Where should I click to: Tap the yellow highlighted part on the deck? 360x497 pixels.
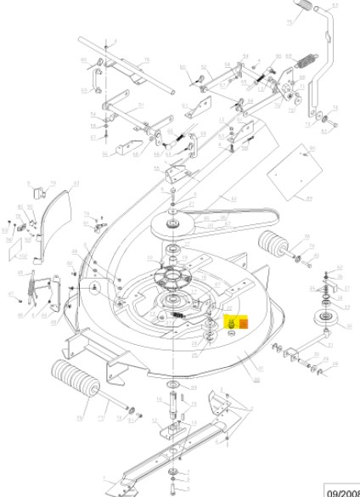point(229,324)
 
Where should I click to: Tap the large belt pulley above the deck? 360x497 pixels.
point(173,223)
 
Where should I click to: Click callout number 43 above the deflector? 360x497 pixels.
point(76,183)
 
